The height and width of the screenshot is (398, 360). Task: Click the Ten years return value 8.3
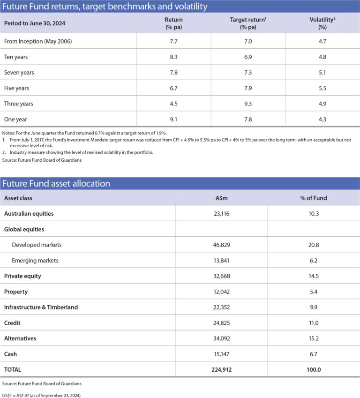173,57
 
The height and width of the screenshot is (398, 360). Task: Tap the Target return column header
248,23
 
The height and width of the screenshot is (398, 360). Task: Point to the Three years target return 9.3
248,104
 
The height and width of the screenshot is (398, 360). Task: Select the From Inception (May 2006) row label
38,42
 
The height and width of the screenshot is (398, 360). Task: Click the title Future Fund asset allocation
57,183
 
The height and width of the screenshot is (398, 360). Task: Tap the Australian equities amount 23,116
221,213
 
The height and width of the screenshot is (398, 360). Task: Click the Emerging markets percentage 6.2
313,260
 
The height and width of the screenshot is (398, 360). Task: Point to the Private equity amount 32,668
221,276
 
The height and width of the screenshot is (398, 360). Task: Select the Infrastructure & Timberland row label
41,307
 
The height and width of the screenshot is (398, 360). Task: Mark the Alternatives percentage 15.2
313,338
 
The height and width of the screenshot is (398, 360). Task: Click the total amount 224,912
221,369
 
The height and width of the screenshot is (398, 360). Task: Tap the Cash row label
11,353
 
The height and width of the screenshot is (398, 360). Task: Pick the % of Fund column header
313,198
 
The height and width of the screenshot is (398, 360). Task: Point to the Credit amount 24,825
221,323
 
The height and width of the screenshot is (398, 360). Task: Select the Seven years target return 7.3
248,73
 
